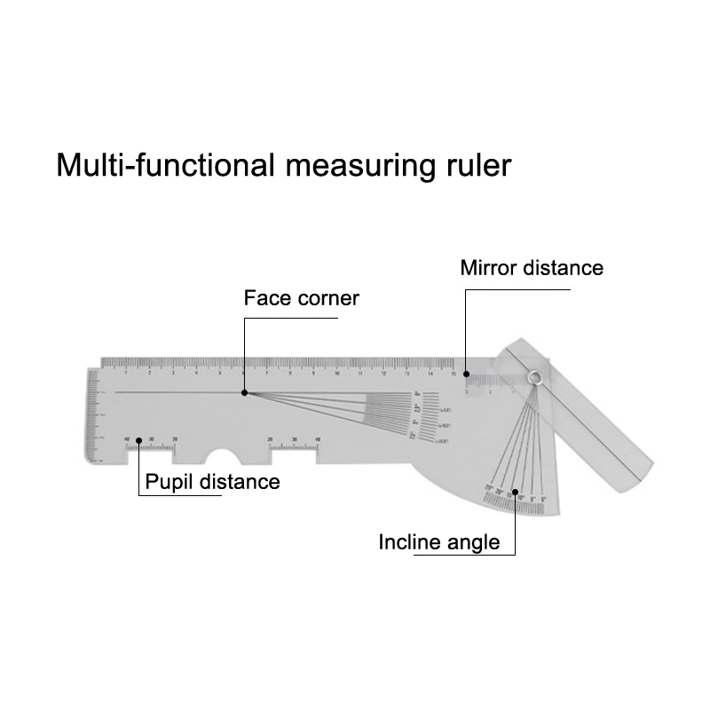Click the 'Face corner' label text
point(301,298)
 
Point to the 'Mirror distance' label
point(532,268)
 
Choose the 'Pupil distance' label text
point(212,483)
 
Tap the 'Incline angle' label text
point(439,542)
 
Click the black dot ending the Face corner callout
point(245,391)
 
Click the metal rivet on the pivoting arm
point(533,379)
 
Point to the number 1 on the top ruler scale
point(126,373)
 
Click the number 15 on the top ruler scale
point(454,373)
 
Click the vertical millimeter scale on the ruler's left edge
point(92,417)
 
